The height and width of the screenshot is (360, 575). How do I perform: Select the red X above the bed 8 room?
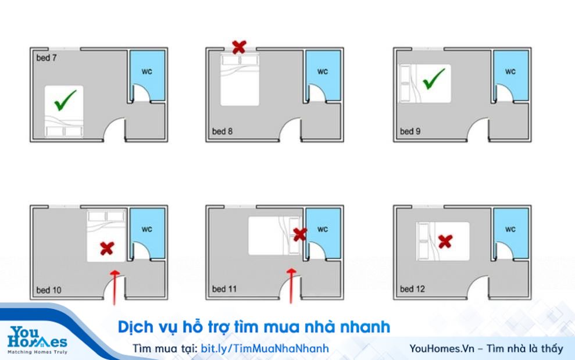click(x=238, y=47)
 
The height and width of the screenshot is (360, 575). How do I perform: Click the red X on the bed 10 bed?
click(x=106, y=249)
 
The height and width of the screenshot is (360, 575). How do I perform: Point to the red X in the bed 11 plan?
click(x=299, y=234)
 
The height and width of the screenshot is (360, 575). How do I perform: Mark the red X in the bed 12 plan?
click(x=445, y=241)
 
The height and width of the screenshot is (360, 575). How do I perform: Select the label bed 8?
click(x=222, y=131)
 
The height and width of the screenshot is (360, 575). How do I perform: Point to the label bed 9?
click(x=410, y=131)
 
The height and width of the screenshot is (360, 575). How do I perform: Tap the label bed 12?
click(x=412, y=289)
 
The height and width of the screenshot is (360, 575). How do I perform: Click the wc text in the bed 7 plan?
click(x=147, y=72)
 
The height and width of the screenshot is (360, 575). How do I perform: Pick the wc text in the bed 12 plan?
click(x=510, y=229)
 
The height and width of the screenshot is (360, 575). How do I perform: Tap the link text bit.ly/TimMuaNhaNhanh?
click(x=265, y=348)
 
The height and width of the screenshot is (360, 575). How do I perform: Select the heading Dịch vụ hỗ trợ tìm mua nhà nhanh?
click(x=253, y=327)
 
